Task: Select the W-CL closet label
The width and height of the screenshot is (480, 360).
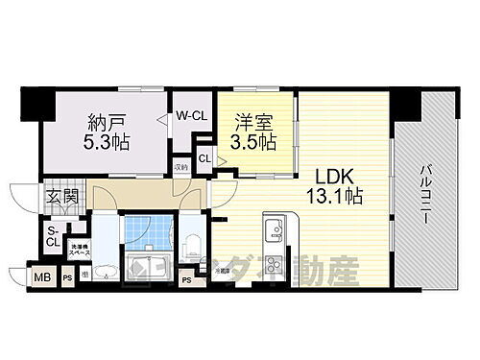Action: (192, 114)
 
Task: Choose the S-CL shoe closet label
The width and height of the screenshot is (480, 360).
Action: (52, 236)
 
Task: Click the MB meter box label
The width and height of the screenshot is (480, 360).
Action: (43, 278)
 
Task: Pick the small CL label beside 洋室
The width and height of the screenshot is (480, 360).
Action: (204, 158)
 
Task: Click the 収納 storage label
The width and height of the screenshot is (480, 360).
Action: (181, 167)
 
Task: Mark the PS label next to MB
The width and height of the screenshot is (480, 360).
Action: (67, 278)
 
